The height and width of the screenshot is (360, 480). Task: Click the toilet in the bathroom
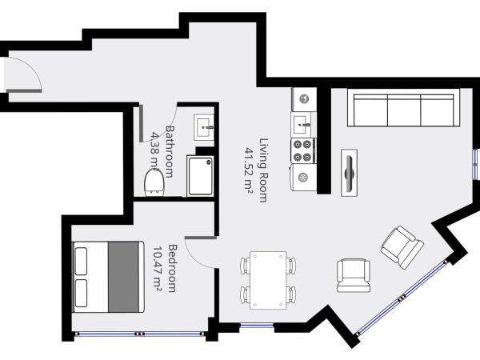[154, 183]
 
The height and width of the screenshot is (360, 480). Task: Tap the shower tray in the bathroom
[202, 174]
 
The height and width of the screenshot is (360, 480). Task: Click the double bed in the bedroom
[108, 276]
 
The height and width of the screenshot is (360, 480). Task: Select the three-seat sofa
[404, 109]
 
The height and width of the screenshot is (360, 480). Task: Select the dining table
[267, 279]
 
